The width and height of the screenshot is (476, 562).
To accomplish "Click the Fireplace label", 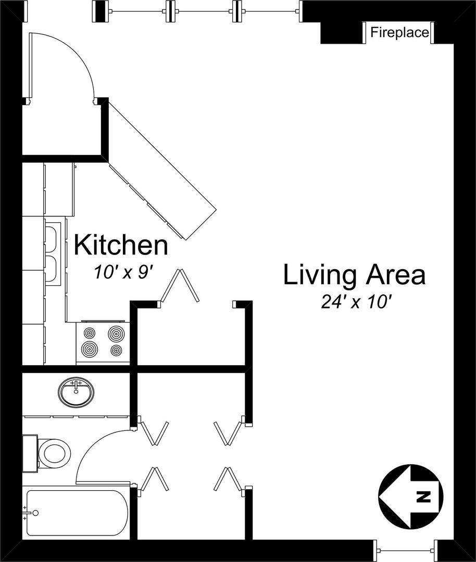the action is pyautogui.click(x=399, y=33).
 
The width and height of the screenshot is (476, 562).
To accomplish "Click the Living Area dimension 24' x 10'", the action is pyautogui.click(x=356, y=302).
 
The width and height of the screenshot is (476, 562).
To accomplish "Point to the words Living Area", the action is pyautogui.click(x=355, y=275).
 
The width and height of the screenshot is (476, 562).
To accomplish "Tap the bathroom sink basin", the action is pyautogui.click(x=76, y=391).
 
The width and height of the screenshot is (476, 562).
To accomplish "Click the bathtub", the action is pyautogui.click(x=76, y=513).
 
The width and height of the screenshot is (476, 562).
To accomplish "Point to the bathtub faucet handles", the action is pyautogui.click(x=25, y=513).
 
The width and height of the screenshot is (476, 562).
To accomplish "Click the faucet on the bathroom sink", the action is pyautogui.click(x=76, y=386).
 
